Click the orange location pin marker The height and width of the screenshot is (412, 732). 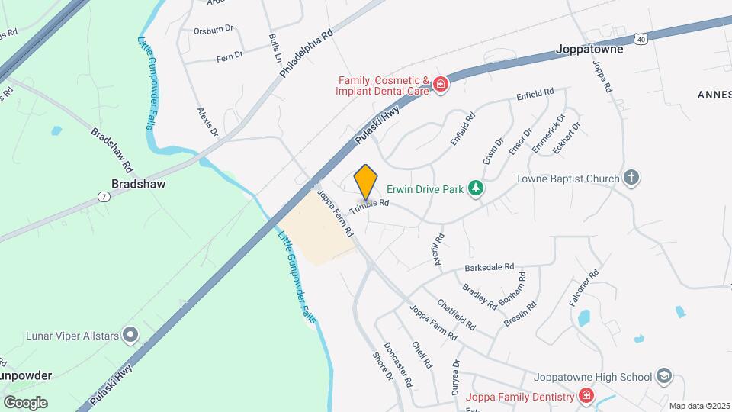pos(366,182)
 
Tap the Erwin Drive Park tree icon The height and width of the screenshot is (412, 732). pos(477,188)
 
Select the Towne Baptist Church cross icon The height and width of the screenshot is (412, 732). pos(631,179)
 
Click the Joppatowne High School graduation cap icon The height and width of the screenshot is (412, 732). pos(663,377)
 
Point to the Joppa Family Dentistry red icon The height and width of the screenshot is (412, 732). pos(585,397)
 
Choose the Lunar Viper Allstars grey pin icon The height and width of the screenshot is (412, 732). pos(131,334)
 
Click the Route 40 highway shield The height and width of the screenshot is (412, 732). pos(640,37)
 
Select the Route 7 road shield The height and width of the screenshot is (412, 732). pos(102,198)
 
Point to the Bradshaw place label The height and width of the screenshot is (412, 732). pos(139,184)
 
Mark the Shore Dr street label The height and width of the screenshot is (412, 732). pos(382,365)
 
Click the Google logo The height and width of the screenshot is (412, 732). pos(25,402)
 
